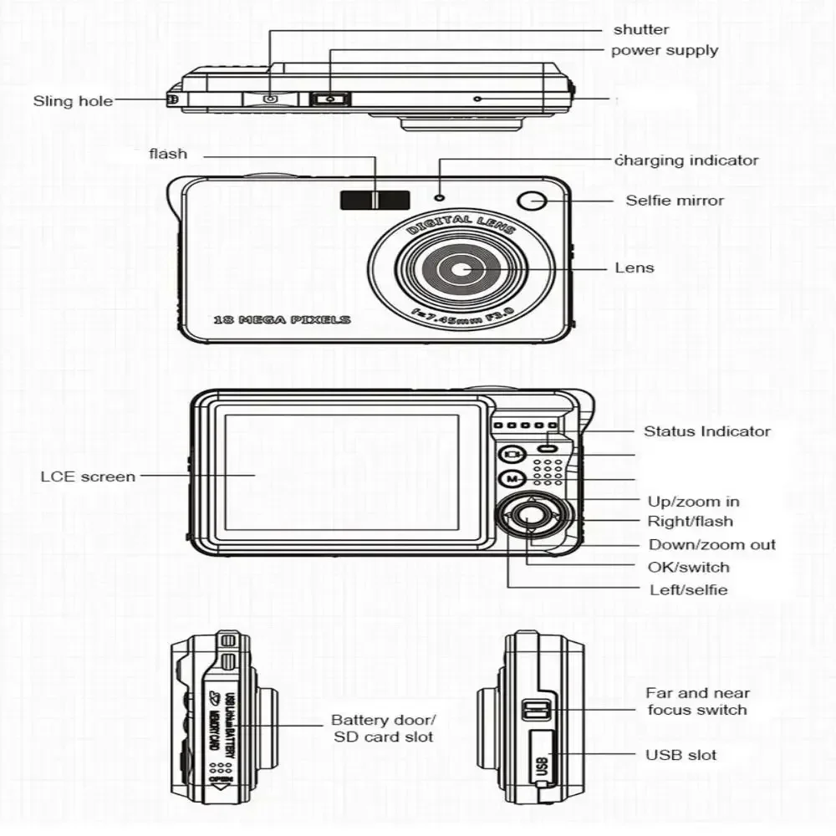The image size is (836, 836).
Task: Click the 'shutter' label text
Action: (641, 30)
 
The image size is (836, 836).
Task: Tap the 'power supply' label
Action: (664, 50)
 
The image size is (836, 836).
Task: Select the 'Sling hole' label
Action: (73, 101)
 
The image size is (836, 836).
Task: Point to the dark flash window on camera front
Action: (375, 200)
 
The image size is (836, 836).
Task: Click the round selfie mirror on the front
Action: (531, 201)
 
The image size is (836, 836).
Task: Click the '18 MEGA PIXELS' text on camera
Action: (282, 319)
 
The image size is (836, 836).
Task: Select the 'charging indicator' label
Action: (686, 161)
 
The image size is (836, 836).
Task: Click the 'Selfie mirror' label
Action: (675, 201)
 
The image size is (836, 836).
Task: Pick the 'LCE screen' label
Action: (88, 477)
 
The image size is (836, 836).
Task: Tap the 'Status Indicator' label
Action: (706, 431)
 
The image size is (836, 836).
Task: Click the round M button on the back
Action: (511, 479)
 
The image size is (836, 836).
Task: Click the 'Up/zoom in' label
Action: (693, 502)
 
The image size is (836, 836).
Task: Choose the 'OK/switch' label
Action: (689, 567)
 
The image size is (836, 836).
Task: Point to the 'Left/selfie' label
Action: (688, 589)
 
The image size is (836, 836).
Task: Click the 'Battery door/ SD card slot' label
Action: (384, 728)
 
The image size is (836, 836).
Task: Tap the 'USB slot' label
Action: (681, 755)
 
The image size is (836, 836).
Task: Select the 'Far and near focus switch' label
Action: (697, 701)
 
